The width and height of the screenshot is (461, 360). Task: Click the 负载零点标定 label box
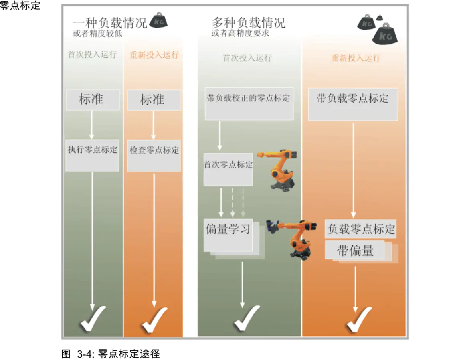click(x=361, y=229)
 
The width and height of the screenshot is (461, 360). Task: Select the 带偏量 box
click(x=355, y=251)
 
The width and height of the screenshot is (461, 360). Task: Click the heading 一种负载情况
click(x=110, y=22)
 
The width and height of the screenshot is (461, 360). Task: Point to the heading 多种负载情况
click(x=249, y=22)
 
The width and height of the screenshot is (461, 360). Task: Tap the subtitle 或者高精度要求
click(x=240, y=34)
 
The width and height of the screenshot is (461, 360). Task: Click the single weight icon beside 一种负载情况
click(x=158, y=21)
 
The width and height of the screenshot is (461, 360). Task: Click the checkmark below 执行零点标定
click(x=93, y=319)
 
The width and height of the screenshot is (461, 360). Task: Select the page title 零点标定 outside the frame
click(x=20, y=5)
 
